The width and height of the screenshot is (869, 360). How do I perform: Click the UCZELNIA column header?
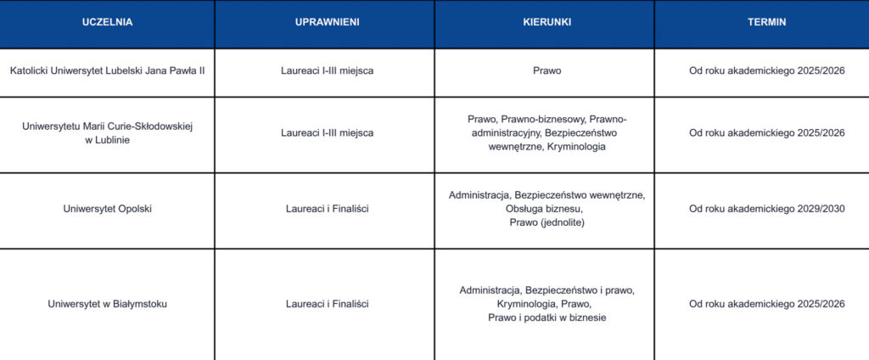(x=107, y=23)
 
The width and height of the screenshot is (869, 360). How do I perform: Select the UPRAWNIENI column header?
(x=327, y=23)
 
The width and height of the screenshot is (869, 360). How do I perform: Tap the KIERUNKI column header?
(x=546, y=23)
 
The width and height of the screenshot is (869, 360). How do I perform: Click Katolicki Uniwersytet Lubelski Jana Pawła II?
(x=108, y=70)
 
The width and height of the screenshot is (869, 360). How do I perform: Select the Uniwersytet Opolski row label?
(x=108, y=209)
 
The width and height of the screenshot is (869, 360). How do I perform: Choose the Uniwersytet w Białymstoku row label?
(x=108, y=304)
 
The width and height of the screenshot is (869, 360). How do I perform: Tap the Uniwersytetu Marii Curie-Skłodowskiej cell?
(x=108, y=127)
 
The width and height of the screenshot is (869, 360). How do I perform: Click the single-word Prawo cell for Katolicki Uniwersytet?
(x=547, y=70)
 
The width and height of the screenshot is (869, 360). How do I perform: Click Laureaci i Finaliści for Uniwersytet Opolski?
(x=327, y=209)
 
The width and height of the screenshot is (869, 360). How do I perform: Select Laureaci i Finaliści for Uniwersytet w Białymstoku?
(x=327, y=304)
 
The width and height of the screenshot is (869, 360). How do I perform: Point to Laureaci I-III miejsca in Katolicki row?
(x=327, y=70)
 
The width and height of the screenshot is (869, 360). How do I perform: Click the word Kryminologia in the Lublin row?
(x=577, y=147)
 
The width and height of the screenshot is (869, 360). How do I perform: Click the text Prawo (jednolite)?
(x=547, y=222)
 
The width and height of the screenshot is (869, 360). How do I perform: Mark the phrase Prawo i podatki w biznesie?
(x=547, y=318)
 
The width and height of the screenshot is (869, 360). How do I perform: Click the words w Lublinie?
(x=108, y=140)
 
